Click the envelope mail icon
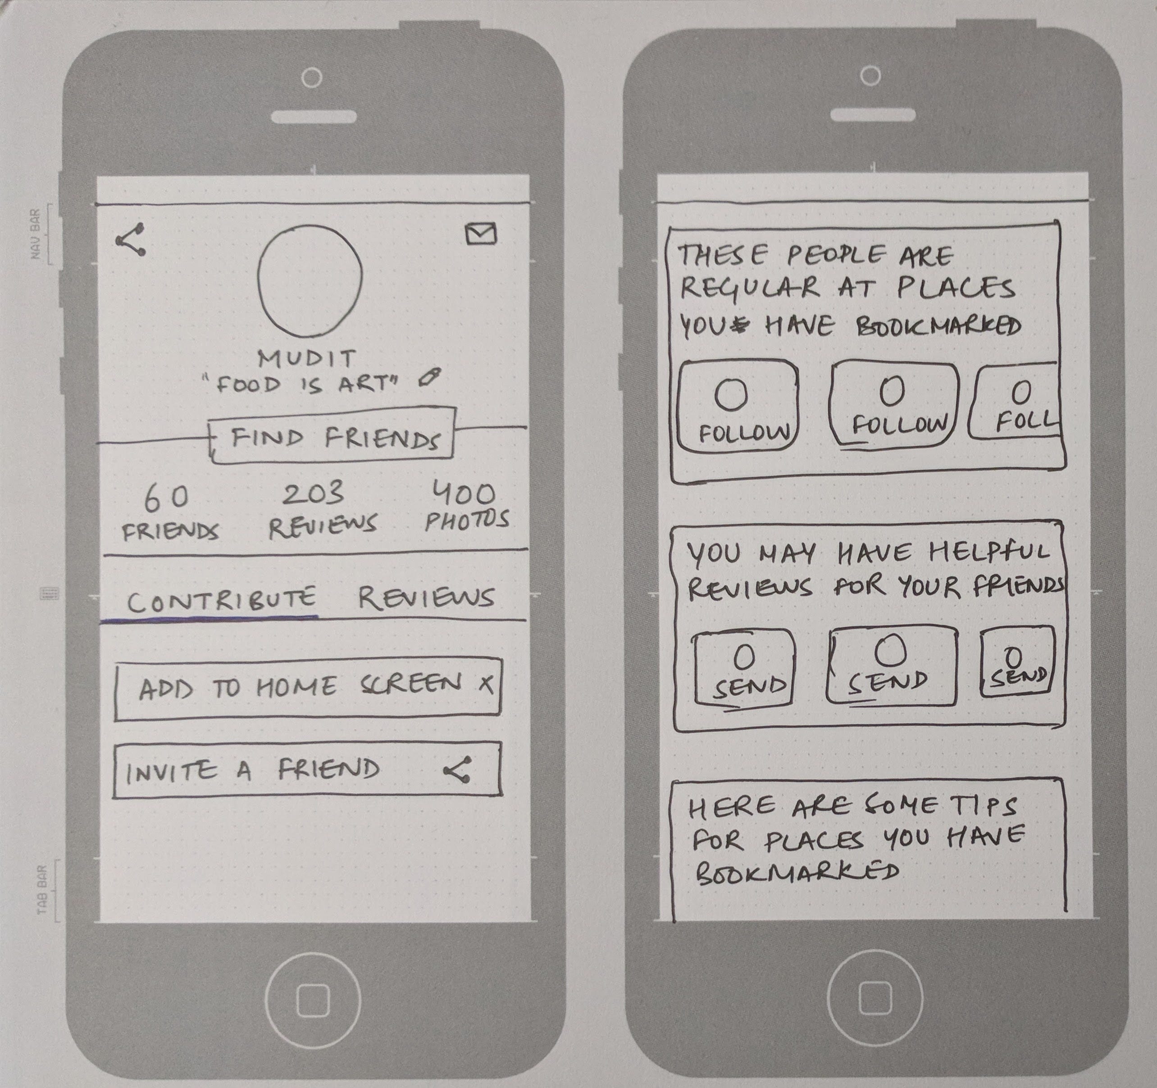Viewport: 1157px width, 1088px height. (x=481, y=233)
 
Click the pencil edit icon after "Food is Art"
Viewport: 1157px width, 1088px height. (x=429, y=378)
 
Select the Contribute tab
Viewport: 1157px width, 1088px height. (x=221, y=599)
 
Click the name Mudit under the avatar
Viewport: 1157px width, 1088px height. (x=307, y=359)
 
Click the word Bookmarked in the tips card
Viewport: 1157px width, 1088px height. (x=797, y=873)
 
